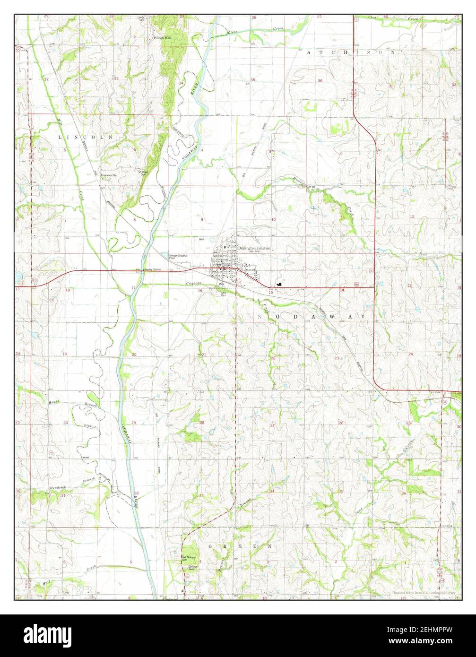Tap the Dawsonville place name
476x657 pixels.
coord(109,175)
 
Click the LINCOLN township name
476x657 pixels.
coord(86,137)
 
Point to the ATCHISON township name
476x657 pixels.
coord(350,52)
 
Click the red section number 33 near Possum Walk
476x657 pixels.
coord(115,78)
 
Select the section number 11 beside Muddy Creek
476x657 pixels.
coord(342,216)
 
